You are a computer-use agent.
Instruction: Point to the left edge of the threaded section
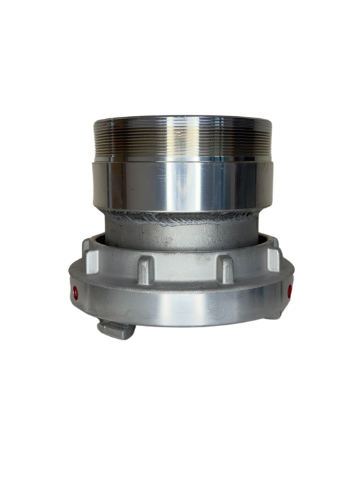(93, 138)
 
